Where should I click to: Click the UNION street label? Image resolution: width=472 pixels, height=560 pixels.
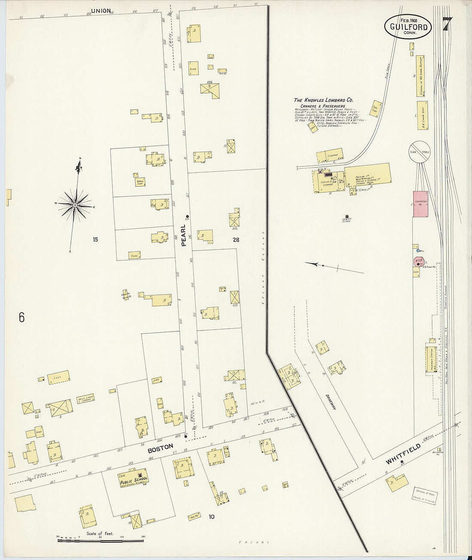pyautogui.click(x=101, y=11)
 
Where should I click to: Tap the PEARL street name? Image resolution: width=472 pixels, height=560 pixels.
pyautogui.click(x=184, y=235)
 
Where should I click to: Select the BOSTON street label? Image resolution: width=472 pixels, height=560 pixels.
pyautogui.click(x=160, y=450)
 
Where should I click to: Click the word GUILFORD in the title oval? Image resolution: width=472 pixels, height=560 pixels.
pyautogui.click(x=408, y=27)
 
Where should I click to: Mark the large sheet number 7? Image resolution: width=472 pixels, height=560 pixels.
pyautogui.click(x=447, y=24)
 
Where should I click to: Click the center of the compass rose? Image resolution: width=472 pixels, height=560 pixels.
pyautogui.click(x=75, y=205)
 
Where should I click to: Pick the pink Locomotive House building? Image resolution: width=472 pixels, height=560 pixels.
pyautogui.click(x=420, y=204)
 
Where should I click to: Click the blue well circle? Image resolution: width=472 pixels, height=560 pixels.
pyautogui.click(x=418, y=251)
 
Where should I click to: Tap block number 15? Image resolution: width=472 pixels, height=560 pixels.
pyautogui.click(x=95, y=239)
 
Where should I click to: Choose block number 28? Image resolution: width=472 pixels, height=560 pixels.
pyautogui.click(x=236, y=240)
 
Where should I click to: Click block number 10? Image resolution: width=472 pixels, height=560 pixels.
pyautogui.click(x=211, y=517)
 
